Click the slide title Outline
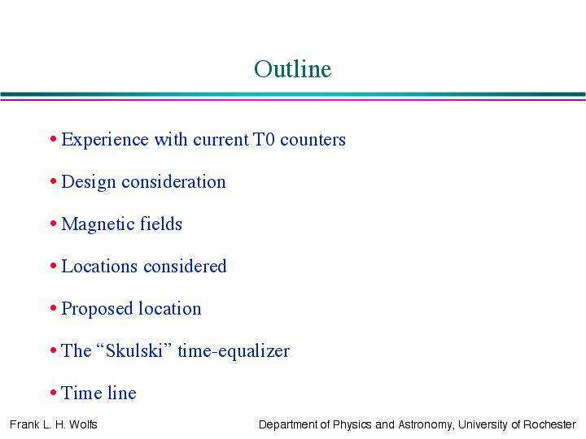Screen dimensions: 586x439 tap(293, 69)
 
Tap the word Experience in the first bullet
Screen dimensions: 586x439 tap(105, 141)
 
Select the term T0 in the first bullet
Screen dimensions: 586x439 tap(264, 139)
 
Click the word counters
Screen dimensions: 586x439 tap(313, 140)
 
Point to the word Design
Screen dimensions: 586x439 tap(89, 183)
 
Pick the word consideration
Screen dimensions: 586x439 tap(174, 182)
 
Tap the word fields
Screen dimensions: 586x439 tap(161, 224)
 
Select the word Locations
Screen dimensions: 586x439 tap(99, 267)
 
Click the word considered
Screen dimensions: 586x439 tap(185, 266)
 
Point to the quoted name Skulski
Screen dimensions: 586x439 tap(133, 350)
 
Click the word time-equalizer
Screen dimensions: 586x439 tap(234, 352)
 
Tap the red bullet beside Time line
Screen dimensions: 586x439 tap(53, 393)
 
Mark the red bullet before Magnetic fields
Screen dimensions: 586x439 tap(53, 224)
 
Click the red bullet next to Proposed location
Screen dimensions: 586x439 tap(53, 308)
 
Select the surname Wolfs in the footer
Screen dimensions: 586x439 tap(83, 425)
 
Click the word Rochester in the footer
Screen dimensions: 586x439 tap(549, 425)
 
